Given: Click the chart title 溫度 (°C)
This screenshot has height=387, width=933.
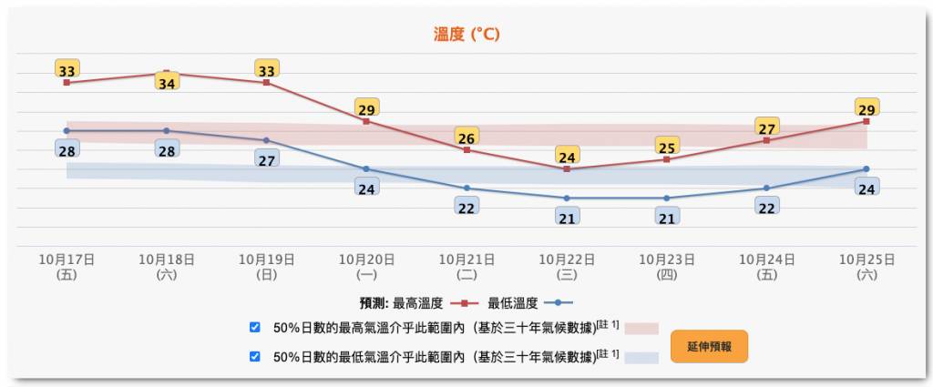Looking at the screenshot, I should (466, 35).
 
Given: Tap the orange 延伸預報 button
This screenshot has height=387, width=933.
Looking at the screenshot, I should (709, 346).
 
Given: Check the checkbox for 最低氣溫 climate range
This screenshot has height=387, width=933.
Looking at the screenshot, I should (255, 357).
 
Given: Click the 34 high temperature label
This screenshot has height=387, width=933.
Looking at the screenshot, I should (167, 83).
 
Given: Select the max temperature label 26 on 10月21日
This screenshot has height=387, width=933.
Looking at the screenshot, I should (466, 138).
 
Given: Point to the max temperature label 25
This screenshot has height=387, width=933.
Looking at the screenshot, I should (666, 148).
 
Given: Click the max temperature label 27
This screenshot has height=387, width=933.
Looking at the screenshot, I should (766, 128).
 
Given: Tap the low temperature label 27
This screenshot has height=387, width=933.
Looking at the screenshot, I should (267, 159).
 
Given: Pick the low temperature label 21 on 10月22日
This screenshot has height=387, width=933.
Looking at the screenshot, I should (567, 218).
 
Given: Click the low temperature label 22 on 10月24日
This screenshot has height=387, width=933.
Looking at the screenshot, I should (766, 207).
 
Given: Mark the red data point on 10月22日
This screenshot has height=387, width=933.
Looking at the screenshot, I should (567, 168).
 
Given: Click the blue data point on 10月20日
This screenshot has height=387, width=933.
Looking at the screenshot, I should (366, 168).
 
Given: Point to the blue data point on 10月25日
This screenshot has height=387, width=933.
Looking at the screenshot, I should (866, 168).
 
